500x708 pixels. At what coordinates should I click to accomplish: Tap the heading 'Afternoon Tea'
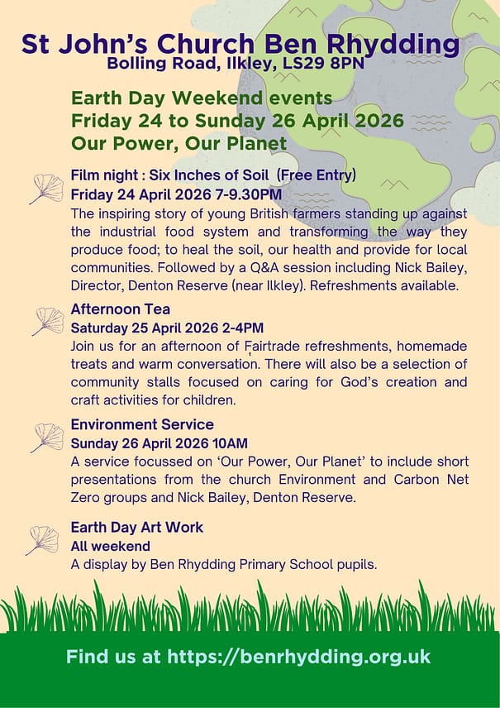(x=121, y=309)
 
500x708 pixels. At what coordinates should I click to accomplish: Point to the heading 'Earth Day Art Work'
(x=136, y=527)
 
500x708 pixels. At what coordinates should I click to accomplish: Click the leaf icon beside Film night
(x=46, y=189)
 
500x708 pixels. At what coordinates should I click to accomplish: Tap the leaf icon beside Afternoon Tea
(x=48, y=321)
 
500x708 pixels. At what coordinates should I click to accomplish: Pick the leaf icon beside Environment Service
(x=47, y=437)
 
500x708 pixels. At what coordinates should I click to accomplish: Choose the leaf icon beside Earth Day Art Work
(x=42, y=539)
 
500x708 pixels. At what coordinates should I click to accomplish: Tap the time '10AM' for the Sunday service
(x=231, y=443)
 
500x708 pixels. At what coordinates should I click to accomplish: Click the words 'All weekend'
(x=110, y=546)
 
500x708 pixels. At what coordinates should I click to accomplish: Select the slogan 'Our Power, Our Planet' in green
(x=179, y=143)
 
